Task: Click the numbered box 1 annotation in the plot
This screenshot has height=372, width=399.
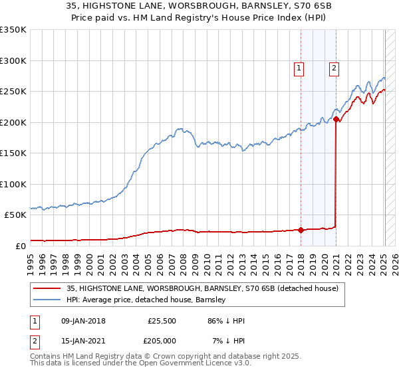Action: point(299,67)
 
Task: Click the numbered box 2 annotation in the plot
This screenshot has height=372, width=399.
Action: point(334,67)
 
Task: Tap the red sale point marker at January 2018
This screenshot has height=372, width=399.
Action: point(301,231)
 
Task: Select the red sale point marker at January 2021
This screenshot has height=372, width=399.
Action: point(336,120)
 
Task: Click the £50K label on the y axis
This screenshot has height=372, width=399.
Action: point(15,215)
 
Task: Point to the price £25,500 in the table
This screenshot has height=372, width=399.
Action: point(162,321)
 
